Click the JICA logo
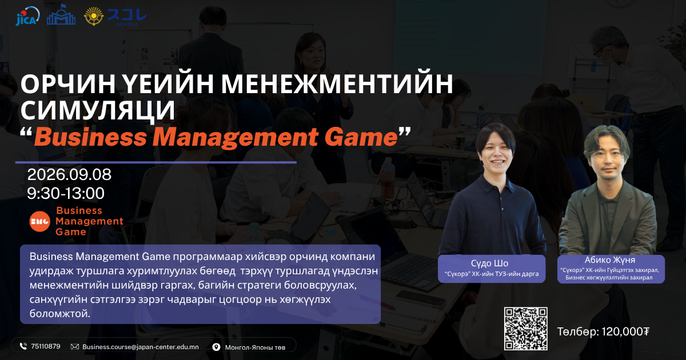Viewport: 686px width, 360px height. click(x=27, y=16)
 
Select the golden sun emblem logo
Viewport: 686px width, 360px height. click(x=94, y=16)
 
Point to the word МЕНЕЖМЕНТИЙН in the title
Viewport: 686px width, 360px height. click(x=337, y=83)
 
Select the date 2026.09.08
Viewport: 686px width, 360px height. click(x=69, y=174)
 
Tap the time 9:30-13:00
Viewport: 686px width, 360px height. click(x=66, y=193)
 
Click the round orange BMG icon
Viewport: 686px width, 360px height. click(x=40, y=221)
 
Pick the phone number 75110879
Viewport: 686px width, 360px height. click(x=46, y=346)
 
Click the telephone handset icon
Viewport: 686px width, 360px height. click(x=23, y=346)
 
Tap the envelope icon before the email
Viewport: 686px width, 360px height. click(x=75, y=346)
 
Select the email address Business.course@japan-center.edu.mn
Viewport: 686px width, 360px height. click(x=141, y=347)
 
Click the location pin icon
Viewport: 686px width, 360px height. click(x=216, y=347)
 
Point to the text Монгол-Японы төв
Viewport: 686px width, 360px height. click(x=255, y=347)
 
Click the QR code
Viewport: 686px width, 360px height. click(x=525, y=329)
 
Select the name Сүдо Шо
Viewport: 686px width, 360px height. click(x=489, y=263)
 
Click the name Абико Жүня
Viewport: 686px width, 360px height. click(x=610, y=260)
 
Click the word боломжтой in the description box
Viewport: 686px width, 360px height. click(x=59, y=314)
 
